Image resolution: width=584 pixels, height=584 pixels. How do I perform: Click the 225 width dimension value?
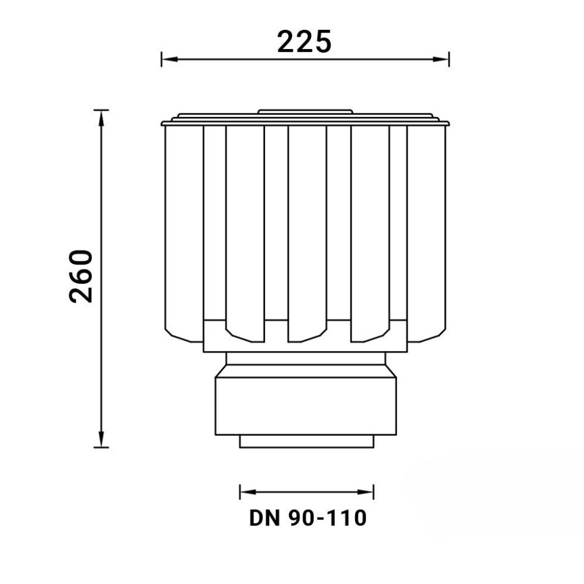point(304,41)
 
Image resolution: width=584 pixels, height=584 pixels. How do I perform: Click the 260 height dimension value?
point(81,276)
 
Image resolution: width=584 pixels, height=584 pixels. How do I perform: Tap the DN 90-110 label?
point(308,518)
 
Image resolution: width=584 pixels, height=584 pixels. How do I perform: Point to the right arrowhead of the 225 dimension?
point(441,59)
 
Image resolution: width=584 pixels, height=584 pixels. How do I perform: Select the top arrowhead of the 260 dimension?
point(101,119)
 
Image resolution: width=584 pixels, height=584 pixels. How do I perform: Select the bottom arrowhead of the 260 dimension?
point(101,439)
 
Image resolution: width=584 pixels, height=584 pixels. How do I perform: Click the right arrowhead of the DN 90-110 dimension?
point(366,492)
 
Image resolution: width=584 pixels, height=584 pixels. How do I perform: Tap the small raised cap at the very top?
point(305,112)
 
